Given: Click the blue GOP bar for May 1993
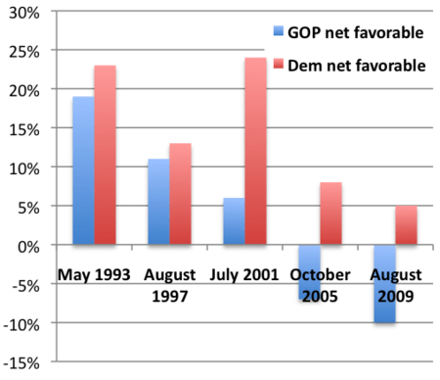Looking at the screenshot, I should click(83, 170).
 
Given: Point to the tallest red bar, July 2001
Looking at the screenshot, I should click(255, 151).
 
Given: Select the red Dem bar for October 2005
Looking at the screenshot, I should click(330, 214).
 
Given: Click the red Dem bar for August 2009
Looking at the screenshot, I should click(406, 225).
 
